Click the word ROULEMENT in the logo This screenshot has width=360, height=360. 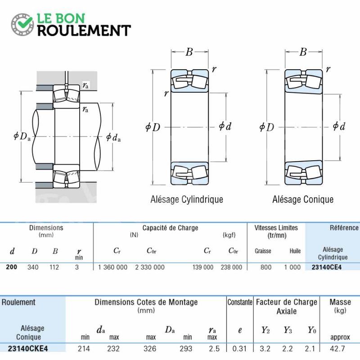coord(84,30)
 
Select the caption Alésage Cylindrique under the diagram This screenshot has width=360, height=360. coord(187,199)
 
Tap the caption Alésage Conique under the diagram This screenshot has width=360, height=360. coord(303,199)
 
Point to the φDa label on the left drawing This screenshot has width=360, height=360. coord(22,136)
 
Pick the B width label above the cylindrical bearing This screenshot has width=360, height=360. coord(189,52)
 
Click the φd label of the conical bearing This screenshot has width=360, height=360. coord(339,126)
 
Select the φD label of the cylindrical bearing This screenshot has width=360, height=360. coord(153,127)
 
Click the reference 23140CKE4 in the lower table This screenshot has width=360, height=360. coord(28,348)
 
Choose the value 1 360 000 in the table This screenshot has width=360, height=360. coord(113,267)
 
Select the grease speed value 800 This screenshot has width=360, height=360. coord(266,267)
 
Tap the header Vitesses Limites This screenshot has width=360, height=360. coord(276,228)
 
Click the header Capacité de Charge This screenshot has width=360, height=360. coord(170,228)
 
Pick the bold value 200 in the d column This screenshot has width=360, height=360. coord(12,267)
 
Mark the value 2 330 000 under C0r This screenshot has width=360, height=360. coord(150,267)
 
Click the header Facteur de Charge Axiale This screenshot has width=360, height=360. coord(287,306)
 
